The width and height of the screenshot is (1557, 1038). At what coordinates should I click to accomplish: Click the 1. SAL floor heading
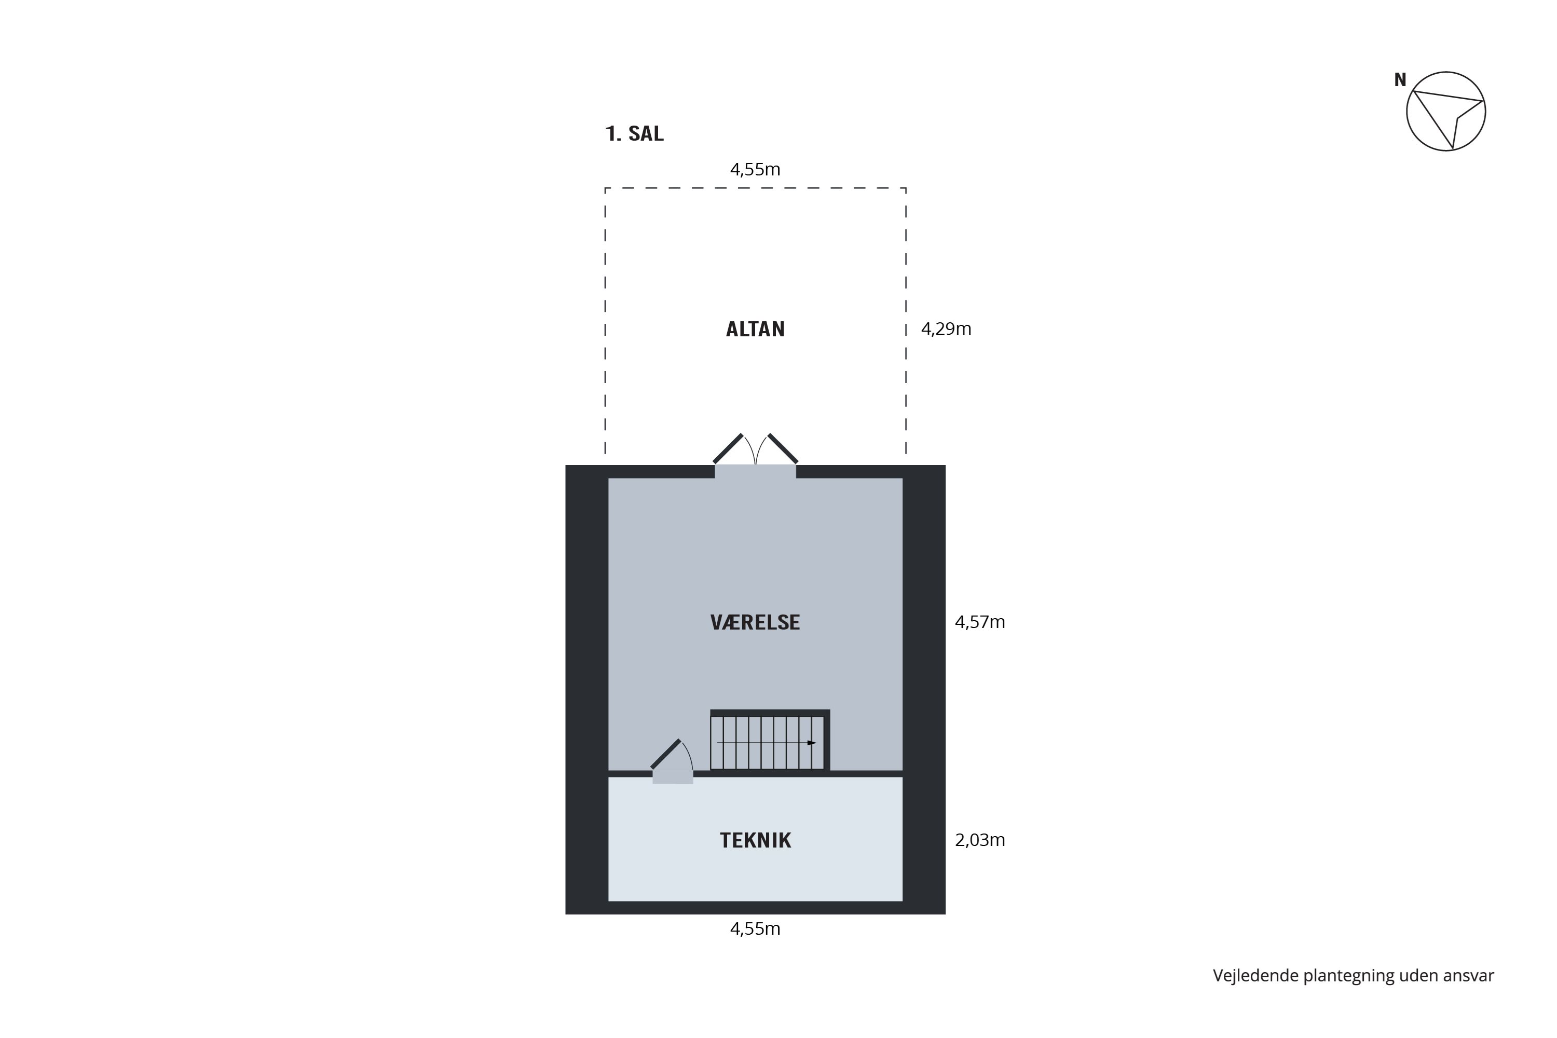pyautogui.click(x=634, y=134)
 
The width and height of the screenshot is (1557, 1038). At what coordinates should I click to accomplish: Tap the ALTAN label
pyautogui.click(x=755, y=329)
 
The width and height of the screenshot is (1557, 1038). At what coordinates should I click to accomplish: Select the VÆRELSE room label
pyautogui.click(x=755, y=622)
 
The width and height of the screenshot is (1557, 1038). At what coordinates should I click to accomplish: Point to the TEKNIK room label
pyautogui.click(x=755, y=840)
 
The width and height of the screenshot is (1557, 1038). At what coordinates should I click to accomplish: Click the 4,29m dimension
pyautogui.click(x=946, y=329)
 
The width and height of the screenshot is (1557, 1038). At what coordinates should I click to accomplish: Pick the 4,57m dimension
pyautogui.click(x=980, y=622)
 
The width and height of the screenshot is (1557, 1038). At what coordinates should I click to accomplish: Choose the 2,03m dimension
pyautogui.click(x=980, y=840)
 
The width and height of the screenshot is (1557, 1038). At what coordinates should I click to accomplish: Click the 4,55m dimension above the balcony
pyautogui.click(x=755, y=170)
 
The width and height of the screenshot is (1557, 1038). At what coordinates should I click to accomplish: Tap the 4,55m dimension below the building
pyautogui.click(x=755, y=929)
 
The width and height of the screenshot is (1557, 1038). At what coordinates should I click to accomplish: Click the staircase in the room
pyautogui.click(x=769, y=741)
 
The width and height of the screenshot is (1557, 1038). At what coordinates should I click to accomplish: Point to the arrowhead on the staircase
pyautogui.click(x=812, y=743)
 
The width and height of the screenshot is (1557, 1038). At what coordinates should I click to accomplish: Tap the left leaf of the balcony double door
pyautogui.click(x=728, y=448)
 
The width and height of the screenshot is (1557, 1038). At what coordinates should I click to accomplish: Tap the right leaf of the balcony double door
pyautogui.click(x=783, y=448)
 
